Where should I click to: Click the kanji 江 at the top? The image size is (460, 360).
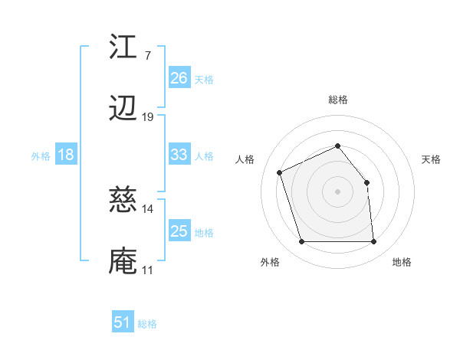pos(123,47)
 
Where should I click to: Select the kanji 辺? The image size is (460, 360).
pos(123,109)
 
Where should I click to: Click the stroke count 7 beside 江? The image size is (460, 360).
pos(147,55)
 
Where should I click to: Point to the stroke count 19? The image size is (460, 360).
pos(148,116)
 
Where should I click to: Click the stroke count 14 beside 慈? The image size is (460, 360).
pos(148,208)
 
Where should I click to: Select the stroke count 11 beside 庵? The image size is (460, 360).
pos(148,270)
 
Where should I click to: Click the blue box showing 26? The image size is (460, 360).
pos(179,78)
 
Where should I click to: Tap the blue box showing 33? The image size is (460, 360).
pos(179,155)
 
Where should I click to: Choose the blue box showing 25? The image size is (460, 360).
pos(179,231)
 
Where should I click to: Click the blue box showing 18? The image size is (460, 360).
pos(66,155)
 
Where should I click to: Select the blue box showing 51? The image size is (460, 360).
pos(123,322)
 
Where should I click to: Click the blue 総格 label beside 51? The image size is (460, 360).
pos(147,324)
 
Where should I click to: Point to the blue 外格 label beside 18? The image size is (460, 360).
pos(41,156)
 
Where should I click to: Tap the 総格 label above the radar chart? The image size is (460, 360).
pos(337,100)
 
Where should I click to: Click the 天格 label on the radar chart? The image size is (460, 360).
pos(432,159)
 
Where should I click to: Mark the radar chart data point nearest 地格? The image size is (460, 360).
pos(373,242)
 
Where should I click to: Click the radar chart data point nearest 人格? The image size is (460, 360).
pos(281,172)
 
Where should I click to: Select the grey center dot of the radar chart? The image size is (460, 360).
pos(337,191)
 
